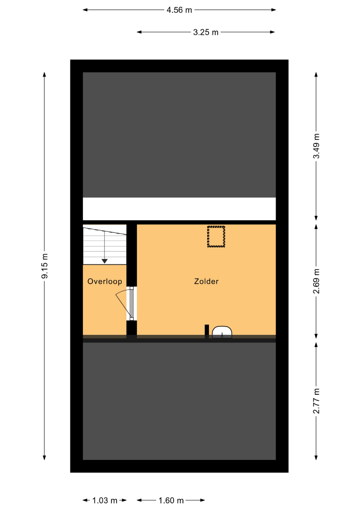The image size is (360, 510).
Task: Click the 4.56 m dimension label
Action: point(179,10)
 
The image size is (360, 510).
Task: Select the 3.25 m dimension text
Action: point(206,32)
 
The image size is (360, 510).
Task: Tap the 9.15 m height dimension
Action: point(44,266)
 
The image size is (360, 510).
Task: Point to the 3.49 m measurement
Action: point(316,146)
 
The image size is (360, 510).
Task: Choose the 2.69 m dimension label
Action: point(316,281)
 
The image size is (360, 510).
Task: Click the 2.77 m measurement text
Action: point(316,401)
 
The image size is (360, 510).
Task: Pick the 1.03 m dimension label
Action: point(105,500)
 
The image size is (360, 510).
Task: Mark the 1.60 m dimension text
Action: point(171,500)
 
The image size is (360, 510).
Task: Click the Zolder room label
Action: point(206,281)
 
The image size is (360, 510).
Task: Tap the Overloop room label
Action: point(105,281)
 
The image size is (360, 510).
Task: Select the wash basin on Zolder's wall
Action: point(222,332)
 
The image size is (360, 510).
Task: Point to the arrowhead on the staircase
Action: point(104,261)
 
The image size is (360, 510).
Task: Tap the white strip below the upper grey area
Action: point(179,209)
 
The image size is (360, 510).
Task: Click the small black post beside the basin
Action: point(207,331)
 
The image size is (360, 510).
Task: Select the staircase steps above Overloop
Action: point(105,245)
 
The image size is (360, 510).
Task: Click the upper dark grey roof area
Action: point(179,135)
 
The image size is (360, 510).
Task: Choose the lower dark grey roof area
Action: point(179,401)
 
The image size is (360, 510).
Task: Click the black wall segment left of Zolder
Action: point(132,255)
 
